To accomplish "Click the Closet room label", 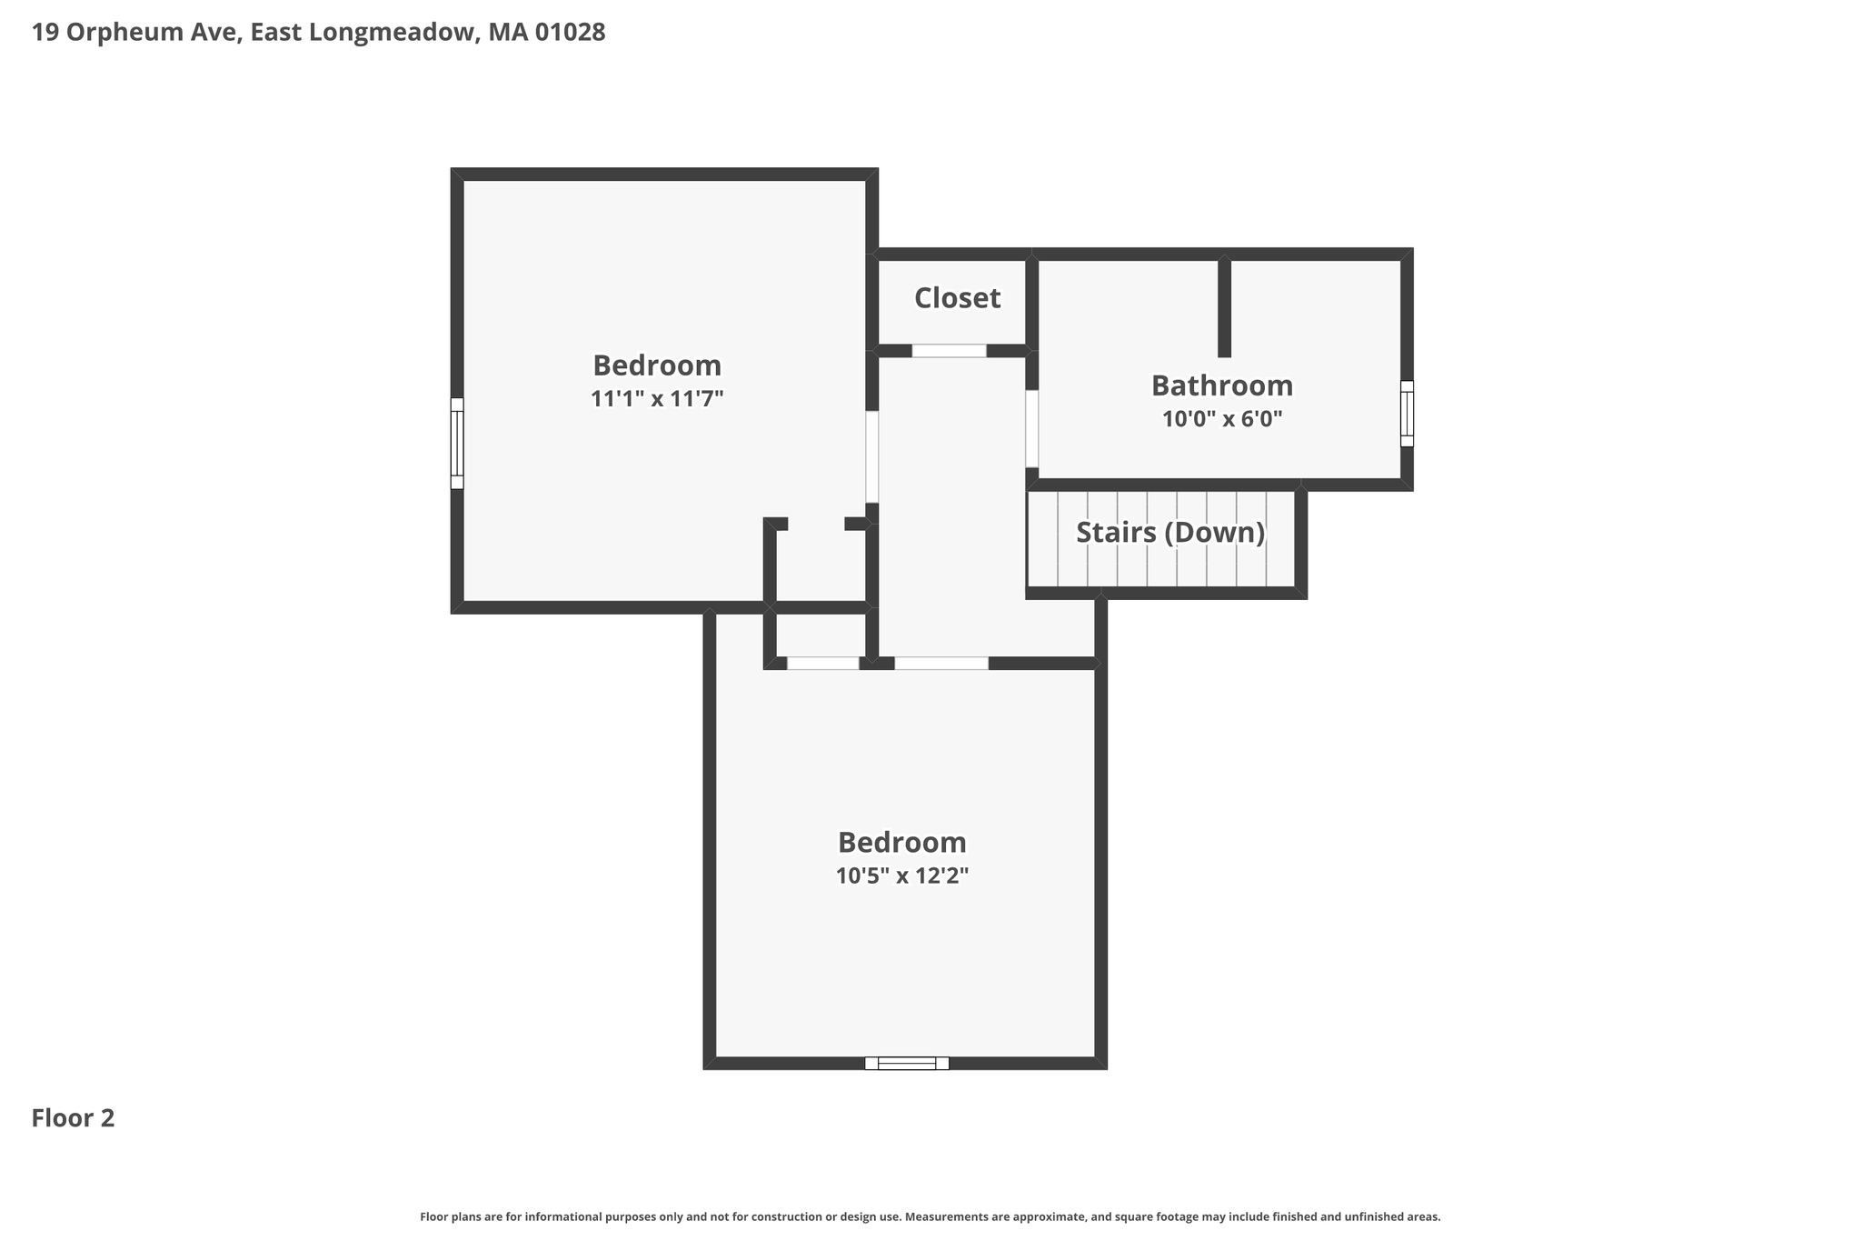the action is click(x=957, y=298).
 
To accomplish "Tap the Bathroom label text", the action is click(x=1222, y=385).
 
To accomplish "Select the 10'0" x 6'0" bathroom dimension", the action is click(x=1222, y=419).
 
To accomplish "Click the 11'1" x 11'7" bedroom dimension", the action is click(x=657, y=398).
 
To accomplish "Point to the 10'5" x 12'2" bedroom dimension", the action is click(x=902, y=876).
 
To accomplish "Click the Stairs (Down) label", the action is click(x=1170, y=533).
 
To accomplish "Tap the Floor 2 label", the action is click(x=73, y=1118).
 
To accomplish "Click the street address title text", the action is click(x=318, y=33).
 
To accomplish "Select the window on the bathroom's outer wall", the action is click(x=1407, y=414).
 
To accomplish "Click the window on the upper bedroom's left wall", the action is click(x=457, y=444).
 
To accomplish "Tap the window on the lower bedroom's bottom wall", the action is click(x=907, y=1063).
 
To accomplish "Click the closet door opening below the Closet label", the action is click(x=949, y=351).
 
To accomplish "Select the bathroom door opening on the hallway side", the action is click(x=1032, y=428).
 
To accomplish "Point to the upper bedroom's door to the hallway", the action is click(x=872, y=457).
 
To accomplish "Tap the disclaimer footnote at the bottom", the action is click(x=930, y=1216).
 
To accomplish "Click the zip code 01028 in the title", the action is click(x=570, y=33).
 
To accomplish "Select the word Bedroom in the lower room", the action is click(x=902, y=843).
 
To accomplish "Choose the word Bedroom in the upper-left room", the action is click(x=657, y=365).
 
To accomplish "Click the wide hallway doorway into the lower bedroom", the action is click(x=941, y=664).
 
